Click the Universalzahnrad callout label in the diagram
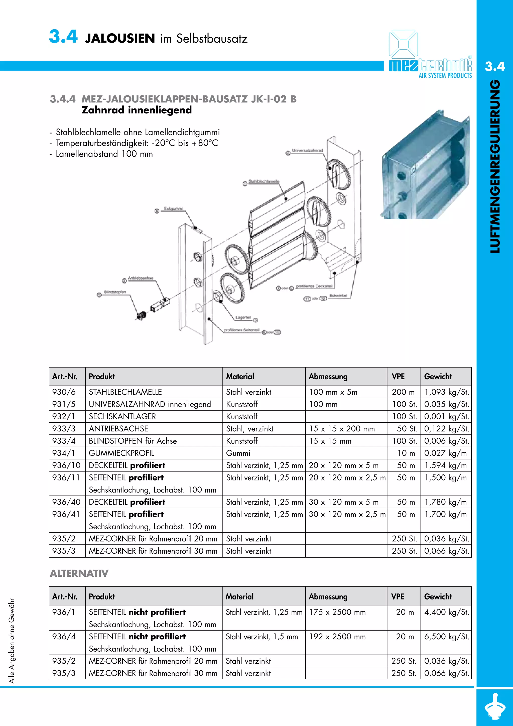[307, 151]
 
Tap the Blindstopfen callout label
[115, 292]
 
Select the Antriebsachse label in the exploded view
[141, 278]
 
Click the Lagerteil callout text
[243, 317]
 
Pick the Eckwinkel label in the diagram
[338, 295]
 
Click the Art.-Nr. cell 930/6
[64, 392]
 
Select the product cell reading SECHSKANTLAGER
[122, 416]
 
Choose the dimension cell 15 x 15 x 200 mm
[342, 429]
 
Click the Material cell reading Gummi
[238, 453]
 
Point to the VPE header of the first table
[398, 376]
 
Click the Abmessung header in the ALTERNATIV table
[328, 597]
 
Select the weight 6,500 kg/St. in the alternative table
[446, 637]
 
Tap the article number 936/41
[66, 515]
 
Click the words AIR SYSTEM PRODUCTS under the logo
[445, 76]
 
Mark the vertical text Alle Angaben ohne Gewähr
[12, 641]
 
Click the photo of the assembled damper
[425, 164]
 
